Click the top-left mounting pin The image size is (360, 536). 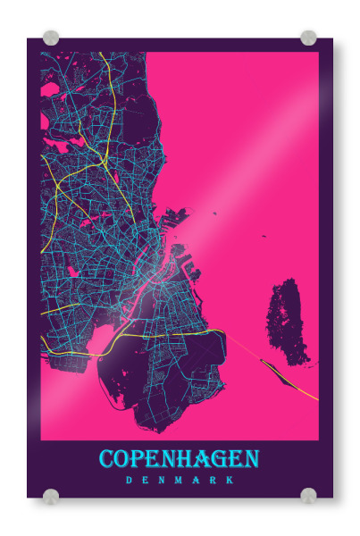tap(51, 38)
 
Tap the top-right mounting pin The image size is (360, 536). tap(308, 38)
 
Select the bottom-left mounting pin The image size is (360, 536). tap(51, 495)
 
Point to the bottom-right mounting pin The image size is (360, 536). tap(308, 495)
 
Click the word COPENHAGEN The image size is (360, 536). tap(179, 459)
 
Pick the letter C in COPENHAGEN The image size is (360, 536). tap(107, 459)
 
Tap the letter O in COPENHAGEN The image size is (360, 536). tap(124, 459)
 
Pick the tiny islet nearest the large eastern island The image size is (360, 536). tap(264, 236)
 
